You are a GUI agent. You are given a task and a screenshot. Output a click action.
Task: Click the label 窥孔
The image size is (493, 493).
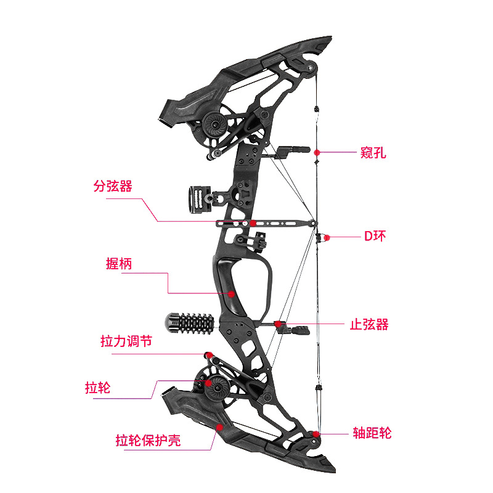coord(373,153)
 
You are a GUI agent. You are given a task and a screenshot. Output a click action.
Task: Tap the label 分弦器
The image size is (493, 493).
coord(113,186)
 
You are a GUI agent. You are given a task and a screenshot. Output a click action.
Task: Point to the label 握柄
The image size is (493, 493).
coord(119,264)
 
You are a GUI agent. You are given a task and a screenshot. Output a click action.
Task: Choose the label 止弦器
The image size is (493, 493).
coord(369,324)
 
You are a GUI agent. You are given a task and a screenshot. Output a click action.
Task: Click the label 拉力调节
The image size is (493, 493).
coord(126,341)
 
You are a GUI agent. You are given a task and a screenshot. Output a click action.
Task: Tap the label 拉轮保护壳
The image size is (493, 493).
coord(148,441)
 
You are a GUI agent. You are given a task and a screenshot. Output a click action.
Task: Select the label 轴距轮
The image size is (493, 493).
coord(372,433)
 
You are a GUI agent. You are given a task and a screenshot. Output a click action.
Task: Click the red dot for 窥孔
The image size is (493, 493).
coord(317,152)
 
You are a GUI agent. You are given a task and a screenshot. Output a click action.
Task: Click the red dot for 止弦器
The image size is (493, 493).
coord(279,324)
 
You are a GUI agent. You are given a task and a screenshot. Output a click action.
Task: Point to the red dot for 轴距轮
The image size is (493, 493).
coord(316,434)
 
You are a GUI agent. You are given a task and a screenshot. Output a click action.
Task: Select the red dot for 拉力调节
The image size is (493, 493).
coord(208,354)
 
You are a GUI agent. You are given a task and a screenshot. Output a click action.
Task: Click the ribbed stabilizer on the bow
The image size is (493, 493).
coord(189,322)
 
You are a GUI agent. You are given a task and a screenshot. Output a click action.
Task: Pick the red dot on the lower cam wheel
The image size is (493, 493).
coord(209,383)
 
